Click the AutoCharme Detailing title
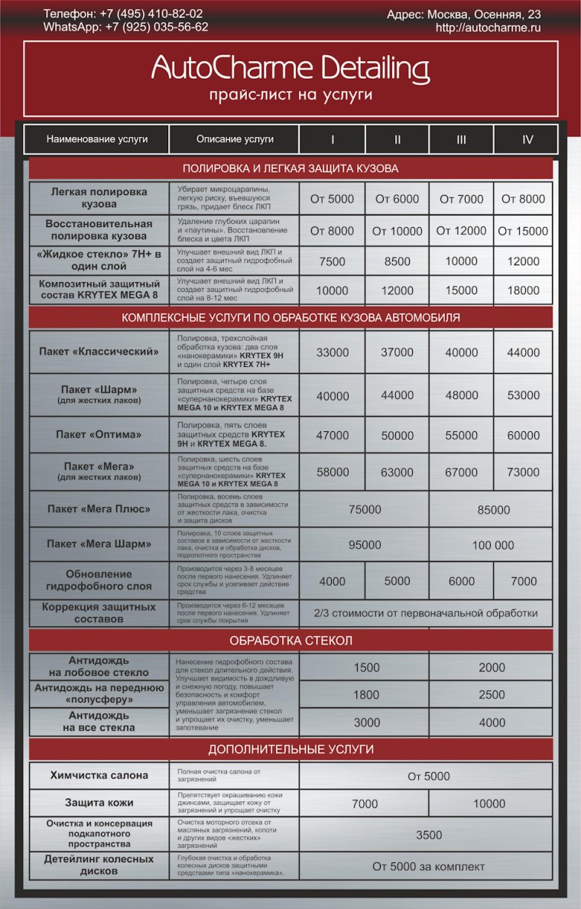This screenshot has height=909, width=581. point(290,69)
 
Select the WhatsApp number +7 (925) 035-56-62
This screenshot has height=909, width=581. point(157,27)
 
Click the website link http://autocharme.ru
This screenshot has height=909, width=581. point(488,28)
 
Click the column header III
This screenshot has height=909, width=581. point(461,139)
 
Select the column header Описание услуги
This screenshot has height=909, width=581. point(235,139)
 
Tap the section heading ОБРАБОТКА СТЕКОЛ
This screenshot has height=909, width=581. point(290,640)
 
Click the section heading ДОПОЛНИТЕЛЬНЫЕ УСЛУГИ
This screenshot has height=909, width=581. point(290,749)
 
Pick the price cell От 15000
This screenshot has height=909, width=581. point(523,231)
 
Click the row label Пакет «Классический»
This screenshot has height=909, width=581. point(99,352)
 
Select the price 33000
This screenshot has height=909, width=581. point(333,352)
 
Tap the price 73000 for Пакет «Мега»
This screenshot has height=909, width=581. point(523,472)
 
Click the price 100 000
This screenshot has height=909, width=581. point(493,545)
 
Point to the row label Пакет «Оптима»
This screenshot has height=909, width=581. point(99,434)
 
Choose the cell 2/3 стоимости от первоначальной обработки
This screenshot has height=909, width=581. point(425,613)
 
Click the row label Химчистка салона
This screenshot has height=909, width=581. point(99,775)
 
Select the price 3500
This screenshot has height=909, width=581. point(429,835)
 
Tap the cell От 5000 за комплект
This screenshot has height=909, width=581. point(429,866)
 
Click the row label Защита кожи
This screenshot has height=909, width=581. point(99,803)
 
